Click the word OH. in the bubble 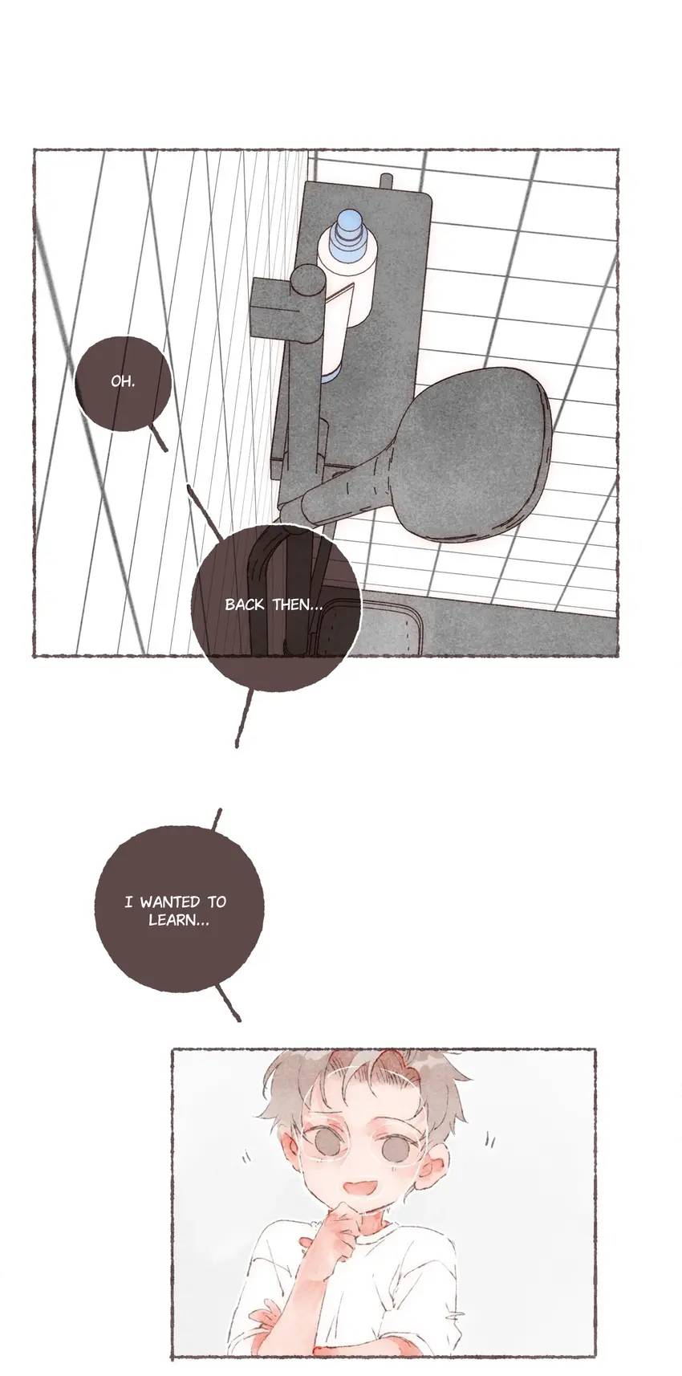click(123, 381)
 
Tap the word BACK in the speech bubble click(245, 605)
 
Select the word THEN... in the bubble click(298, 605)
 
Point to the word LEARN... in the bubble click(179, 921)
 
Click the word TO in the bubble click(216, 902)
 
